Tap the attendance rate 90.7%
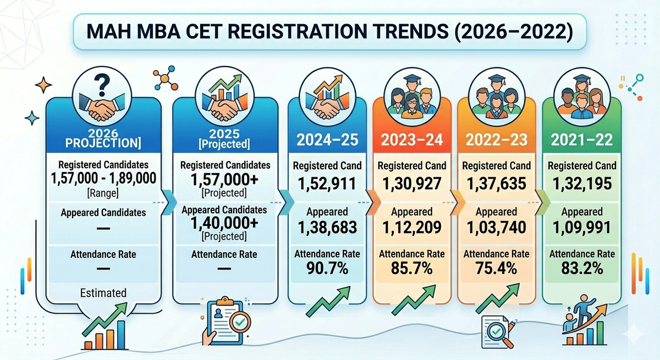327,269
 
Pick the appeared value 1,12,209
411,226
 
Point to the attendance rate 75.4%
496,269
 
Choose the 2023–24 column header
411,141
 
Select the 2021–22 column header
582,141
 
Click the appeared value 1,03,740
496,226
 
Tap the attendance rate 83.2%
582,269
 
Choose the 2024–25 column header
327,141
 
